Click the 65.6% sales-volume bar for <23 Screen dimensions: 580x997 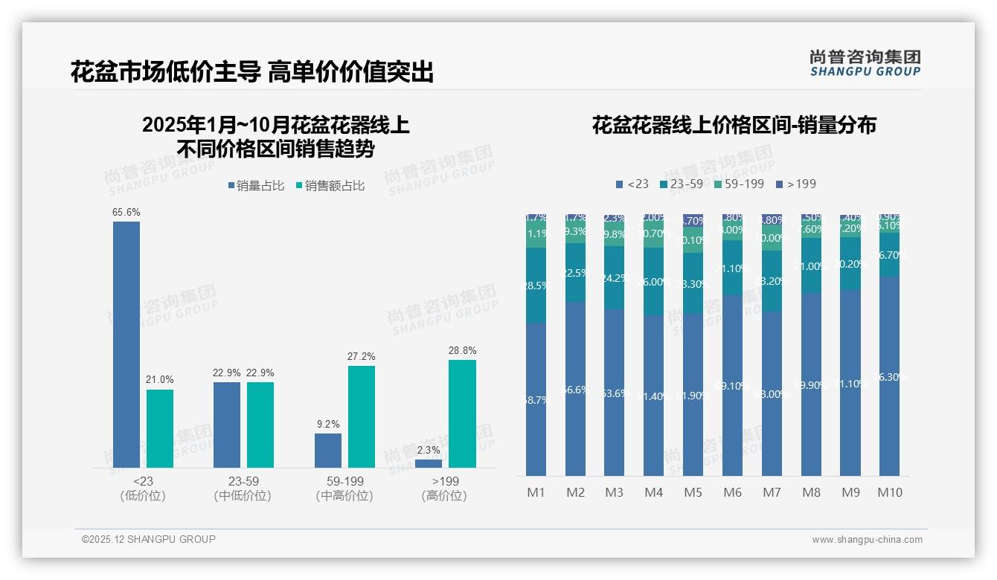(126, 344)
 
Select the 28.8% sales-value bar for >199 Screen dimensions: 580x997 (462, 413)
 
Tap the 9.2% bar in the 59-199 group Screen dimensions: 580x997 (328, 451)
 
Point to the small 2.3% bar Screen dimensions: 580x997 (429, 463)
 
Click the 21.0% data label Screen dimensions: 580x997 (159, 380)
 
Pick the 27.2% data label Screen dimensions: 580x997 (362, 357)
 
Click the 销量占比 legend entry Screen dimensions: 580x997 (255, 186)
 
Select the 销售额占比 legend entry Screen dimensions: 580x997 (330, 186)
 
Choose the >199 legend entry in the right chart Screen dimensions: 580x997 (796, 184)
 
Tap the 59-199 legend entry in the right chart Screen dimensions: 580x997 (739, 184)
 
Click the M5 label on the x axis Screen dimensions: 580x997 (693, 492)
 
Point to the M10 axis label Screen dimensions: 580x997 (890, 492)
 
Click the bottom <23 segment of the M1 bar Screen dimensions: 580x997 (536, 399)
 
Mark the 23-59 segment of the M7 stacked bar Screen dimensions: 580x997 (772, 281)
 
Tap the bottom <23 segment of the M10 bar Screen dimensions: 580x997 (890, 376)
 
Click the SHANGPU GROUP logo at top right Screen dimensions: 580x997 (865, 63)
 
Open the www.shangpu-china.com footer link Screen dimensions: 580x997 (867, 540)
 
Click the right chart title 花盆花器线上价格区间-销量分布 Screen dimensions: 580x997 (734, 125)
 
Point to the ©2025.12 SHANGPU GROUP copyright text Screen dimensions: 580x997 (149, 539)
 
